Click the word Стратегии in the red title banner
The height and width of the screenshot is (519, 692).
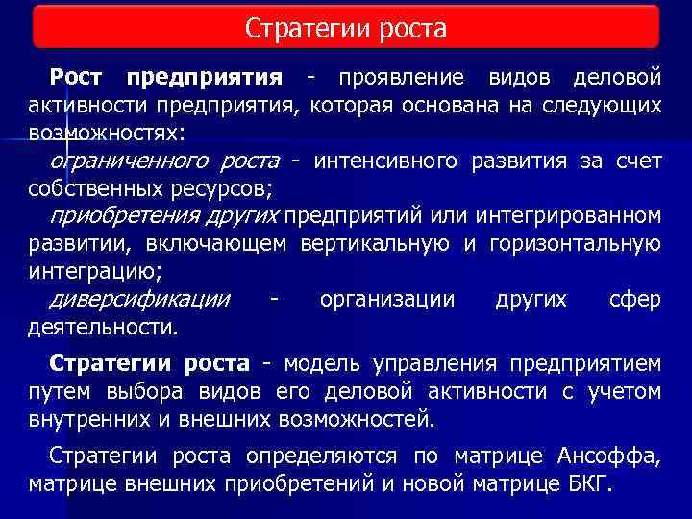[293, 28]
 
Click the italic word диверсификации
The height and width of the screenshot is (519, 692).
[139, 299]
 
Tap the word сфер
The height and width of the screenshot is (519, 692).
[634, 299]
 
